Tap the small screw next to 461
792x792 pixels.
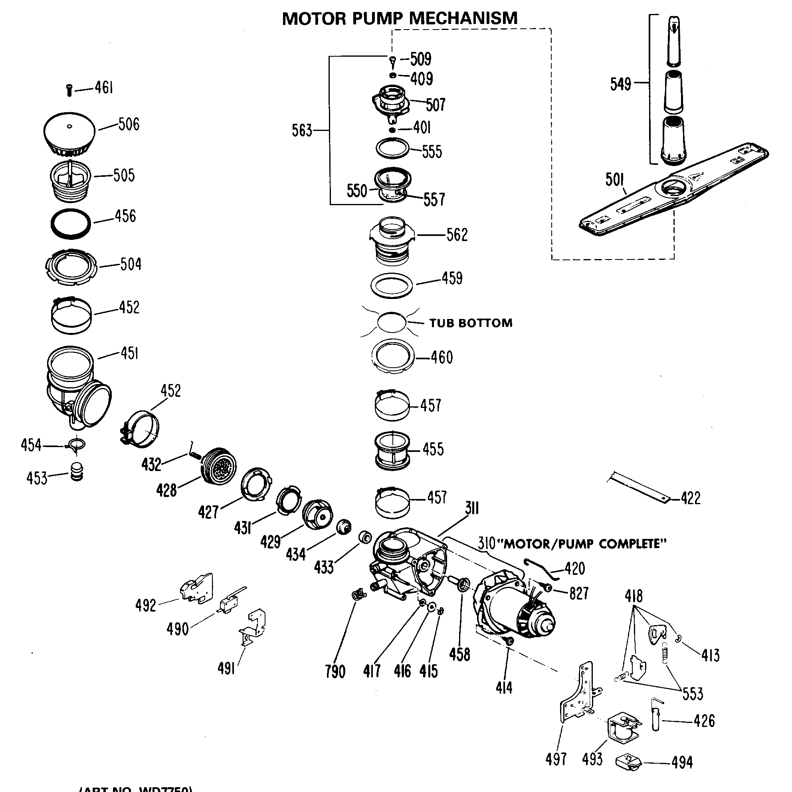pyautogui.click(x=69, y=90)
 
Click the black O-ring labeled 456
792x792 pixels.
pyautogui.click(x=71, y=224)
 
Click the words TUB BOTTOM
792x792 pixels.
pyautogui.click(x=471, y=323)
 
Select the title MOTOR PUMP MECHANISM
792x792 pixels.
pyautogui.click(x=400, y=18)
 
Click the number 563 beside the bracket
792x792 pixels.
pyautogui.click(x=302, y=131)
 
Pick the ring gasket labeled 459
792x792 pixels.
pyautogui.click(x=392, y=286)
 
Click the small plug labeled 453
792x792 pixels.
pyautogui.click(x=77, y=472)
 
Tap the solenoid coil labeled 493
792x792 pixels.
pyautogui.click(x=623, y=734)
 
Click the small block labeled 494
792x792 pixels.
pyautogui.click(x=628, y=762)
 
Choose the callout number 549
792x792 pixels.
pyautogui.click(x=620, y=84)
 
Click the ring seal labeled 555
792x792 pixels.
pyautogui.click(x=392, y=148)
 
